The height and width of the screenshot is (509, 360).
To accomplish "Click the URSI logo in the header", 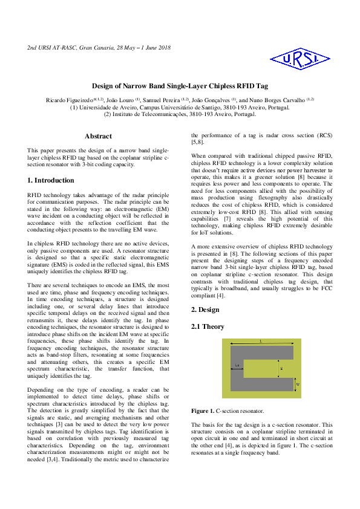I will pyautogui.click(x=300, y=58).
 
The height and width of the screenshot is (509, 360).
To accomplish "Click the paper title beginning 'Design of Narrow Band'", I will pyautogui.click(x=180, y=86).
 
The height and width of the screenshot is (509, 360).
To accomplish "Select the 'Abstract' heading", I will pyautogui.click(x=98, y=137).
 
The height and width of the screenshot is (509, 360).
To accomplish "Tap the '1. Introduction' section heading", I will pyautogui.click(x=51, y=180).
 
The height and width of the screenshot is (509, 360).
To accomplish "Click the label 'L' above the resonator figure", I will pyautogui.click(x=260, y=342).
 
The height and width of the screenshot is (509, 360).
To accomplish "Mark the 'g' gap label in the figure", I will pyautogui.click(x=281, y=368).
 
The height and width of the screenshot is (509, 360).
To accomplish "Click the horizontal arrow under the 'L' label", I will pyautogui.click(x=260, y=345).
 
